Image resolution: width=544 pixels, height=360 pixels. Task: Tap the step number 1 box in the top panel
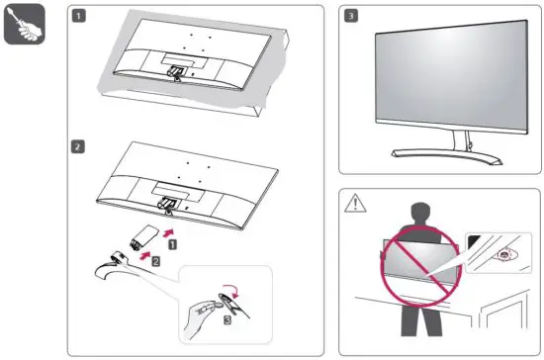79,17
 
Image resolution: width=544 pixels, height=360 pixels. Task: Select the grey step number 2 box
79,146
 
